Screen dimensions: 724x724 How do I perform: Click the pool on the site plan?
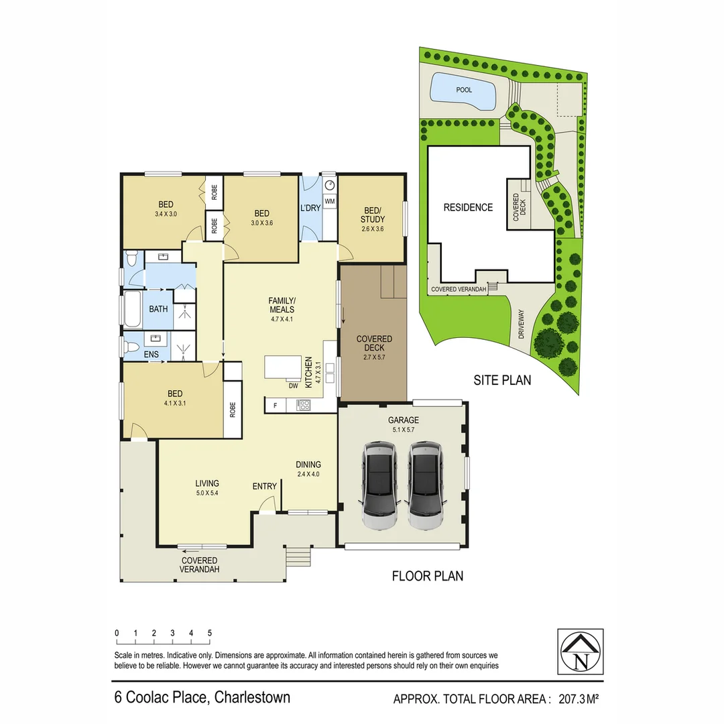(463, 90)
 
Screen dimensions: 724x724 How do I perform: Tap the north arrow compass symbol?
(581, 652)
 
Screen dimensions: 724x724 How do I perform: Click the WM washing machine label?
(329, 201)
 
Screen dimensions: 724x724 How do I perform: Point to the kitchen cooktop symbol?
(303, 405)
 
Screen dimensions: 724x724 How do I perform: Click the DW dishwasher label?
(293, 385)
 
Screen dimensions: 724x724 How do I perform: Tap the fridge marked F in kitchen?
(274, 406)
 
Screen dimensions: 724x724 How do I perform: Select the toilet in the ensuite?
(131, 347)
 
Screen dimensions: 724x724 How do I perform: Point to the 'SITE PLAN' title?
(502, 380)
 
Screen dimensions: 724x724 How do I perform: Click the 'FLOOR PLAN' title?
(427, 576)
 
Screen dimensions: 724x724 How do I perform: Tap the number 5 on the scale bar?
(210, 633)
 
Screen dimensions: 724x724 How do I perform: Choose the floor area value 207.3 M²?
(573, 699)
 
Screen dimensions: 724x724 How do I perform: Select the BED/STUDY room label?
(372, 215)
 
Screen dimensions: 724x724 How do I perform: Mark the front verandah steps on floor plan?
(299, 556)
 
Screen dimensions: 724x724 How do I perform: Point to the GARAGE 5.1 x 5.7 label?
(404, 425)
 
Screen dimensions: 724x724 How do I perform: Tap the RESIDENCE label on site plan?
(468, 208)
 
